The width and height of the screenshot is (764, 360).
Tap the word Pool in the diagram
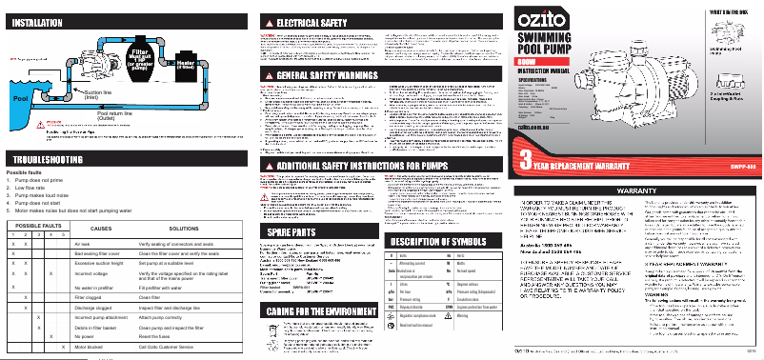click(x=19, y=97)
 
